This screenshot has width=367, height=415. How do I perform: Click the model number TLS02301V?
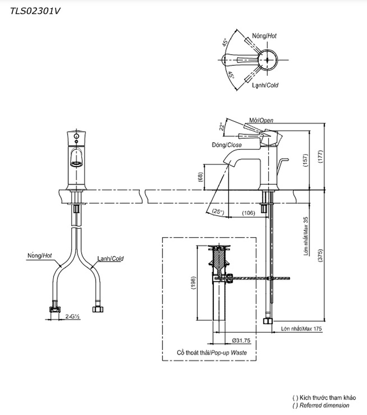pos(35,11)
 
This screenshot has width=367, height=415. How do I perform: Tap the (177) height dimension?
pos(320,157)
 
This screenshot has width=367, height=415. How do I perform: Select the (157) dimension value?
pos(306,160)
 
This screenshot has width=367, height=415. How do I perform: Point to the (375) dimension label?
pos(320,255)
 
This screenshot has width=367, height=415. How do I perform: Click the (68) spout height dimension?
pos(200,177)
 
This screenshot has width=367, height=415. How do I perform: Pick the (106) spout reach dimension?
pos(248,213)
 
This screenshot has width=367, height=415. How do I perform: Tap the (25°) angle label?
pos(218,212)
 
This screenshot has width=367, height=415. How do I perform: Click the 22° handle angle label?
pos(222,126)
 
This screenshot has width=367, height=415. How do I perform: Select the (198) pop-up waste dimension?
pos(193,283)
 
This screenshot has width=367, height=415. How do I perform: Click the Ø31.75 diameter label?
pos(241,340)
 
